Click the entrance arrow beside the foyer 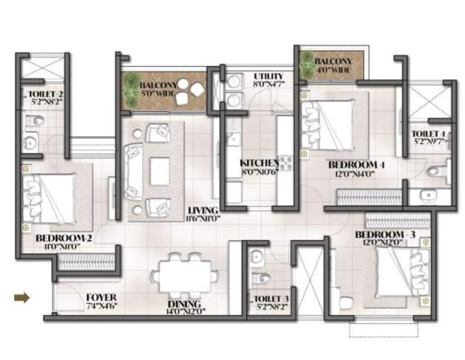22,298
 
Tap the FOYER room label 100,298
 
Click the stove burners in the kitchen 286,162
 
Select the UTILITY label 269,76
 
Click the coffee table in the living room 159,168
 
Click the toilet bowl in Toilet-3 262,278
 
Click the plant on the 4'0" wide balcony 306,64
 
